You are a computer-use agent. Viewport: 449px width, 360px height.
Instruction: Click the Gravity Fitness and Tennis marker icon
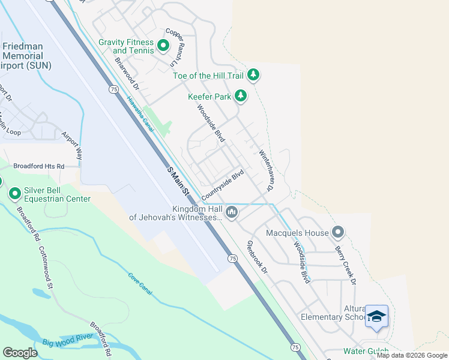tap(163, 46)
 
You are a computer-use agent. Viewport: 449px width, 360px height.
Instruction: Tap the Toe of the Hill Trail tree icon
tap(254, 74)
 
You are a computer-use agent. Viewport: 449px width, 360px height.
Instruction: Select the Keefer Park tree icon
tap(241, 95)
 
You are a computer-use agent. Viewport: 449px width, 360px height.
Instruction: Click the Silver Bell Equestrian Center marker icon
tap(15, 193)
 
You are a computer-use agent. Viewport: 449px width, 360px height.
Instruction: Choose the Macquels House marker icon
tap(338, 232)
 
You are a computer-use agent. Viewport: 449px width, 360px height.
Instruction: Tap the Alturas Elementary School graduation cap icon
tap(376, 317)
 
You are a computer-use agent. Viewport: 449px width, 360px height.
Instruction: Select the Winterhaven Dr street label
tap(266, 170)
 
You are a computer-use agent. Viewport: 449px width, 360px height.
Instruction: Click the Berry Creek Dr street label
tap(346, 265)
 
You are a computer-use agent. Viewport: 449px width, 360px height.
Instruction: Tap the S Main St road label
tap(178, 182)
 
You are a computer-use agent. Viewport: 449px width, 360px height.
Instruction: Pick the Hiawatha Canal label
tap(140, 112)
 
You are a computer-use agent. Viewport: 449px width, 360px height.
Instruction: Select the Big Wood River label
tap(67, 340)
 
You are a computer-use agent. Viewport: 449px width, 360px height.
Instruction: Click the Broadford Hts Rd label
tap(38, 166)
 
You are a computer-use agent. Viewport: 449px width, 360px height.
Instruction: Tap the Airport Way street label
tap(73, 144)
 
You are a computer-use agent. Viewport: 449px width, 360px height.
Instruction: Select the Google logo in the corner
tap(20, 353)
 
